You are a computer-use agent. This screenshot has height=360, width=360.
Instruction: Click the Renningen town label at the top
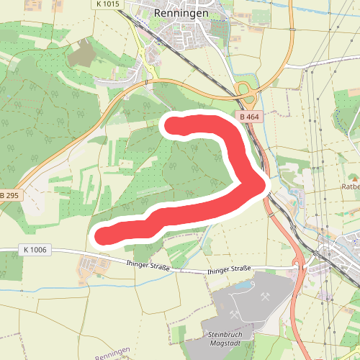pos(181,13)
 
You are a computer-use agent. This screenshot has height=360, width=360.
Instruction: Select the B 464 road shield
pos(248,117)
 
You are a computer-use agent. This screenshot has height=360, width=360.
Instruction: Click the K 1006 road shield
pos(35,249)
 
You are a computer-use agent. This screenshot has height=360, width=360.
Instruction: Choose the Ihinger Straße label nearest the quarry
pos(229,269)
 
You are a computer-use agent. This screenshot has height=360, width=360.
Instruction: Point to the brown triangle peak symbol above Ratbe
pos(354,177)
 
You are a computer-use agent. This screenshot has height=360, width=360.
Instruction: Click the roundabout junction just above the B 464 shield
pos(245,91)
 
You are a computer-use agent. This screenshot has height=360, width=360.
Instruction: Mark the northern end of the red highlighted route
pos(171,125)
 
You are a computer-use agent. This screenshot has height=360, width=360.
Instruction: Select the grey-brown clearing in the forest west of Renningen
pos(84,51)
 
